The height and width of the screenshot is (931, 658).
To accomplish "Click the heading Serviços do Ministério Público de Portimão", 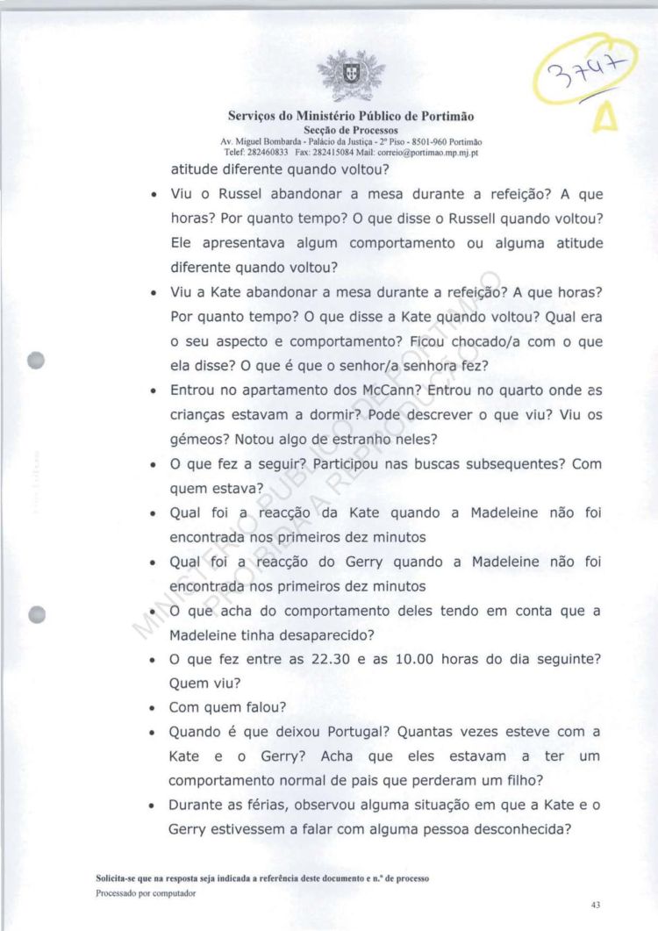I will pyautogui.click(x=351, y=116).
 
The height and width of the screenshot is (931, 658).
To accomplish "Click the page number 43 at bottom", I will pyautogui.click(x=596, y=905).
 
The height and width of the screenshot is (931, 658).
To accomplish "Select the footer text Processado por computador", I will pyautogui.click(x=146, y=893).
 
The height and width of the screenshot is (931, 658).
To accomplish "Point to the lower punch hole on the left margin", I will pyautogui.click(x=36, y=614).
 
